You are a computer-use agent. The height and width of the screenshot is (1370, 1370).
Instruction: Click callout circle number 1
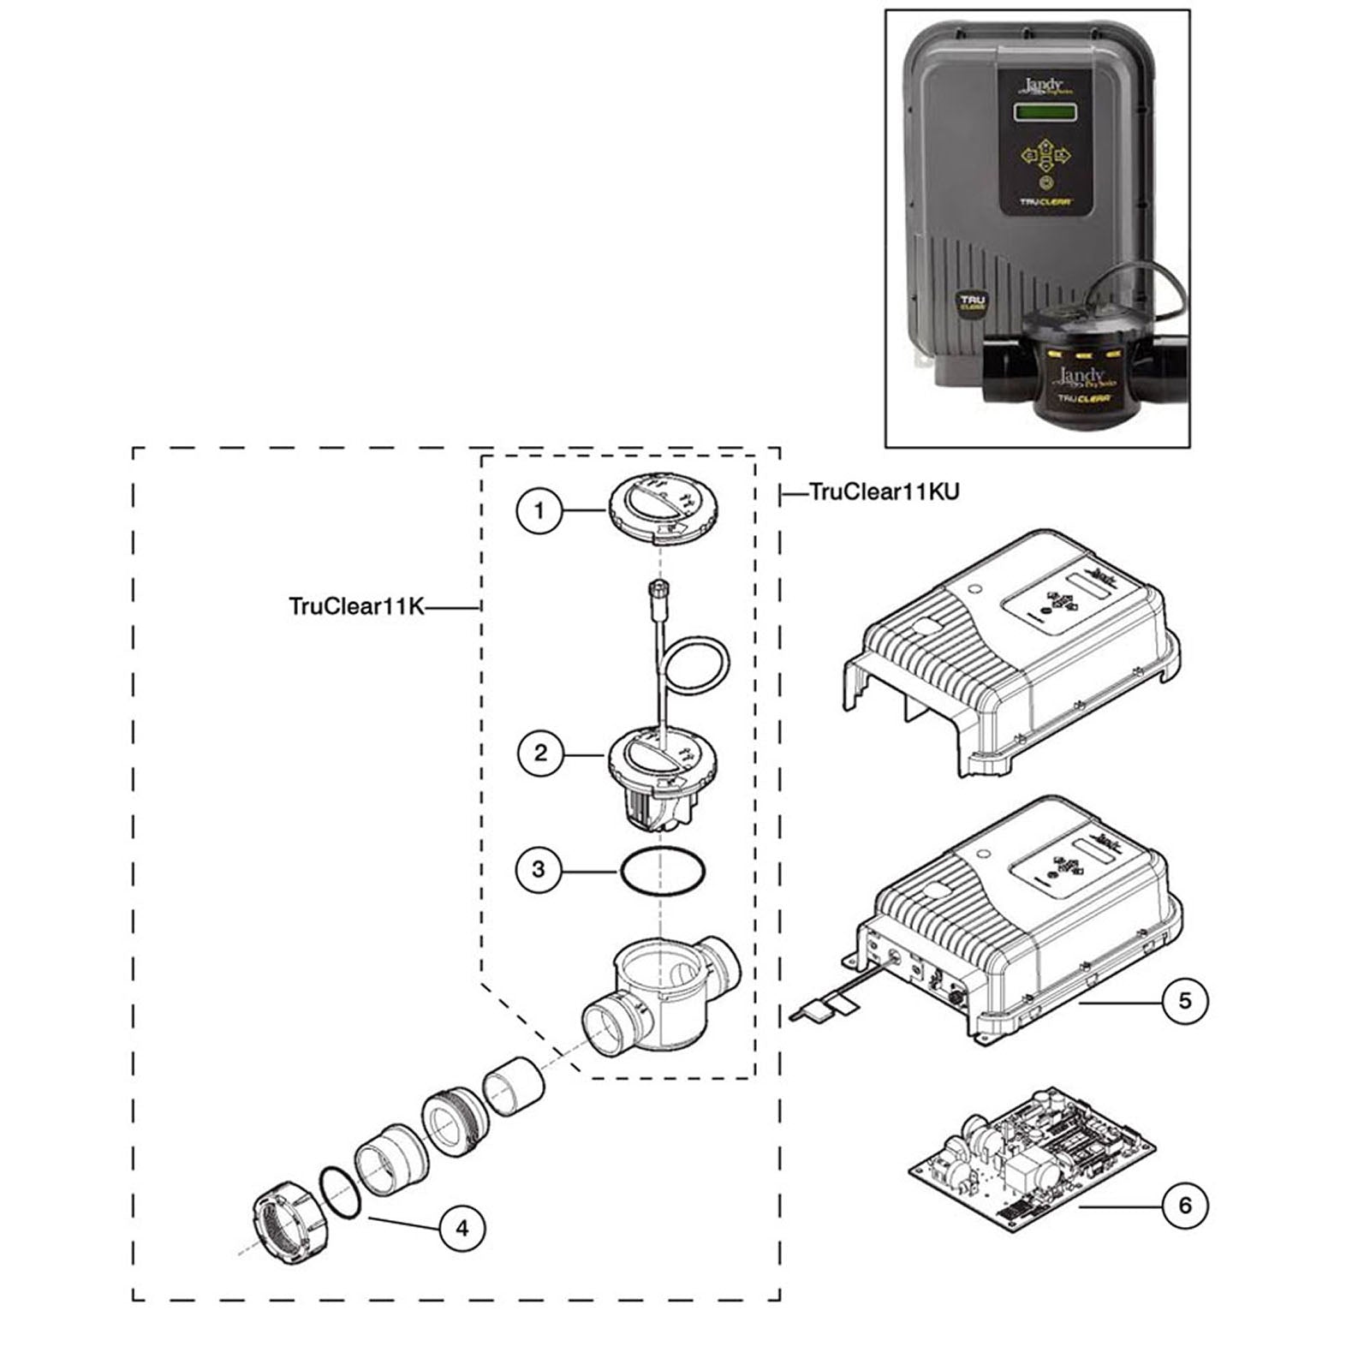539,511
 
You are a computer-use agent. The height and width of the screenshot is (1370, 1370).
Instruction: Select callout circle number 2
540,753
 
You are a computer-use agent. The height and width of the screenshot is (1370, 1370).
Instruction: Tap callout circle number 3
539,870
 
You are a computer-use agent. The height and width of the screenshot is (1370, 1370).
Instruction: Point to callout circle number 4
462,1229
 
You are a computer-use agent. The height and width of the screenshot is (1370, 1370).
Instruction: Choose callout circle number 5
1185,1000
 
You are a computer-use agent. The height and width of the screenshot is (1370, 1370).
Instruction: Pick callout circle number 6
1185,1206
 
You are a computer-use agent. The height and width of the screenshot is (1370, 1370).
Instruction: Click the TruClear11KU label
884,491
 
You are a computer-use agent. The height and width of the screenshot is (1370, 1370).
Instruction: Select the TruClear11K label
356,606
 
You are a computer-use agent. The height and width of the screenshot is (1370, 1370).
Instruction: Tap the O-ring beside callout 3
663,872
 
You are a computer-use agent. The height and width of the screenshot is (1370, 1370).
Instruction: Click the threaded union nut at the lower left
287,1217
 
